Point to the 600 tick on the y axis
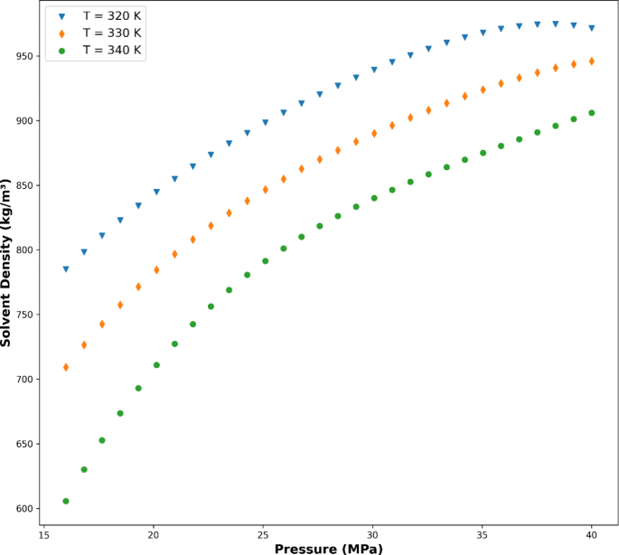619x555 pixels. click(x=26, y=509)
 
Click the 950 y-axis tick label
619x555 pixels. click(x=26, y=56)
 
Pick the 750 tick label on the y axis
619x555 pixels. click(x=26, y=315)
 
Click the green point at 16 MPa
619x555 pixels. click(x=66, y=501)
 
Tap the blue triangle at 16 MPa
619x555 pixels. click(x=66, y=269)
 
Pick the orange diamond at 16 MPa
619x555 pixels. click(x=66, y=367)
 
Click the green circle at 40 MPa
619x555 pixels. click(x=592, y=113)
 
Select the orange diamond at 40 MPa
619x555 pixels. click(x=592, y=61)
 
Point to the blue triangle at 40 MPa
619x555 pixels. click(x=592, y=29)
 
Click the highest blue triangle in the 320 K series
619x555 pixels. click(x=556, y=24)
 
